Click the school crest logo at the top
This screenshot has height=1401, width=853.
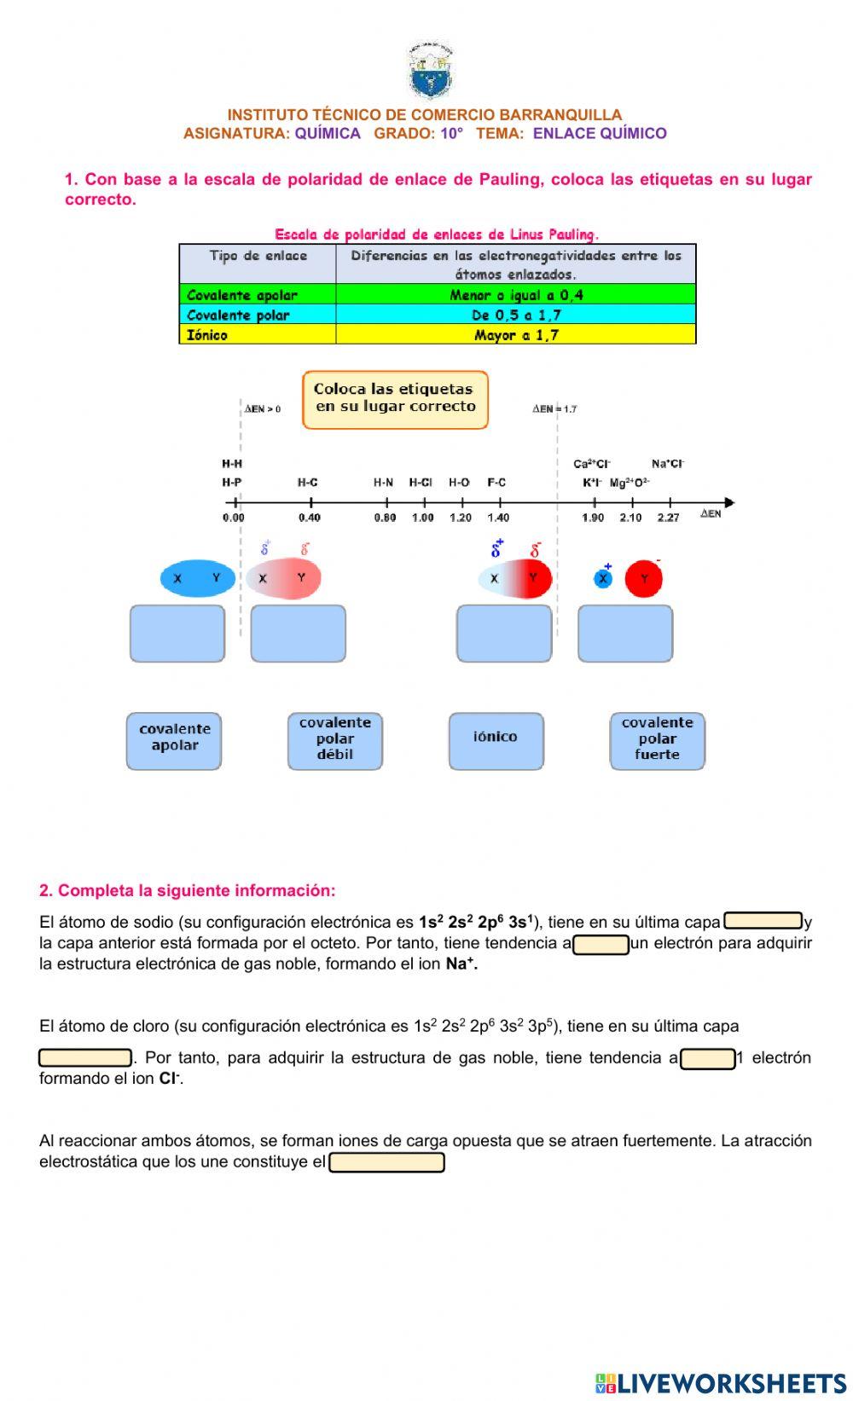[430, 72]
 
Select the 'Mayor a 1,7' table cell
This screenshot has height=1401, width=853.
[515, 335]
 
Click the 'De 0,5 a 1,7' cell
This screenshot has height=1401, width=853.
[515, 315]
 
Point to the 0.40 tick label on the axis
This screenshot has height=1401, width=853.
[310, 518]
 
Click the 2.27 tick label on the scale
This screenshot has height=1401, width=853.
[668, 518]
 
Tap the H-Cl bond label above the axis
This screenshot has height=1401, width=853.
[421, 483]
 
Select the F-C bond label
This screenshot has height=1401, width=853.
[496, 483]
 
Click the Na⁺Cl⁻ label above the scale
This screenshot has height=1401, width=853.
[668, 464]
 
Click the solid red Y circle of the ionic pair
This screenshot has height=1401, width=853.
[644, 579]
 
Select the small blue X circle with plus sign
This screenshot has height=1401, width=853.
[603, 578]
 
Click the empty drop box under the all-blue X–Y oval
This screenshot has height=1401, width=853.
[177, 634]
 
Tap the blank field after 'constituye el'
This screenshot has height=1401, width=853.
[386, 1162]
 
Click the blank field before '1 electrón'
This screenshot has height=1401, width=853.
[707, 1058]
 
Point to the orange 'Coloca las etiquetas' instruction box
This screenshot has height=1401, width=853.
[395, 399]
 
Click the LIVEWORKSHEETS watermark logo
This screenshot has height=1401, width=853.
[721, 1383]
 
